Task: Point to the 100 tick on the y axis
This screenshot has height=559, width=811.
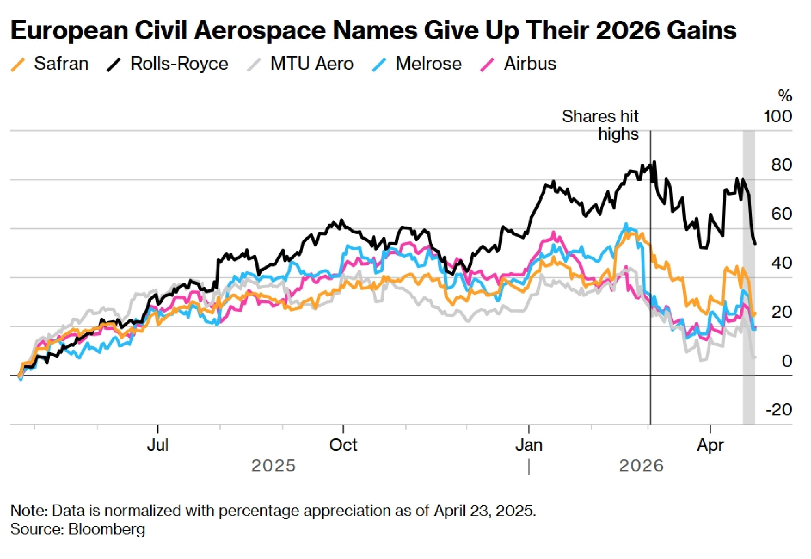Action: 777,117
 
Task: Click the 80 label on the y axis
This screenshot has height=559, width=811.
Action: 781,165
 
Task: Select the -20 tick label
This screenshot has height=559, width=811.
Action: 779,410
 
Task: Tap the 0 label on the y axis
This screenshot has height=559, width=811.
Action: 786,361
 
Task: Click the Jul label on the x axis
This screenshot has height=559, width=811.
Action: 157,445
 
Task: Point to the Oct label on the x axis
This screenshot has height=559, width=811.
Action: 343,445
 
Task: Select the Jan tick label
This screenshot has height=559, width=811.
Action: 529,445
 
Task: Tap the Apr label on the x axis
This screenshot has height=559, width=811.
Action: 710,445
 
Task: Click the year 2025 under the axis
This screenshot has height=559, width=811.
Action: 273,466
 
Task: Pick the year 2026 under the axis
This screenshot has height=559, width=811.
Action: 641,466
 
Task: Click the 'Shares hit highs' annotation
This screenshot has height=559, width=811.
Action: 600,125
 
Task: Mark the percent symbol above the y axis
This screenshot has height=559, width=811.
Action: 785,96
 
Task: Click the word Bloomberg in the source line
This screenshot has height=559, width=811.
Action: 107,529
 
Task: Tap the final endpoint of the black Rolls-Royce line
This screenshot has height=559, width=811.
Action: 755,244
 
